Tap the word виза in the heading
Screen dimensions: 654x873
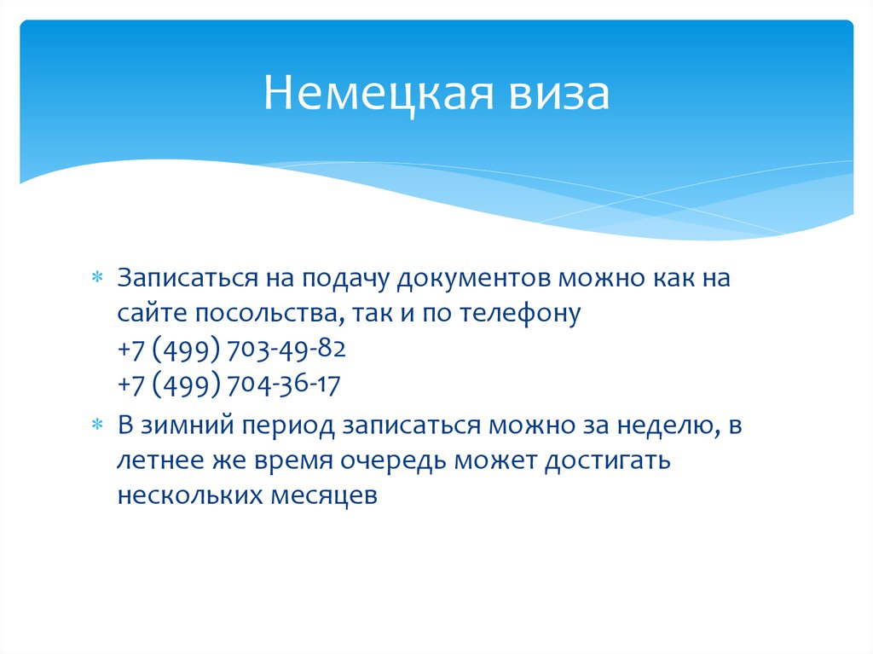pos(558,93)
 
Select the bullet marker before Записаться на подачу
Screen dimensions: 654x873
pos(96,279)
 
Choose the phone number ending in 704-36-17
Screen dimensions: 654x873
pos(229,385)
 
